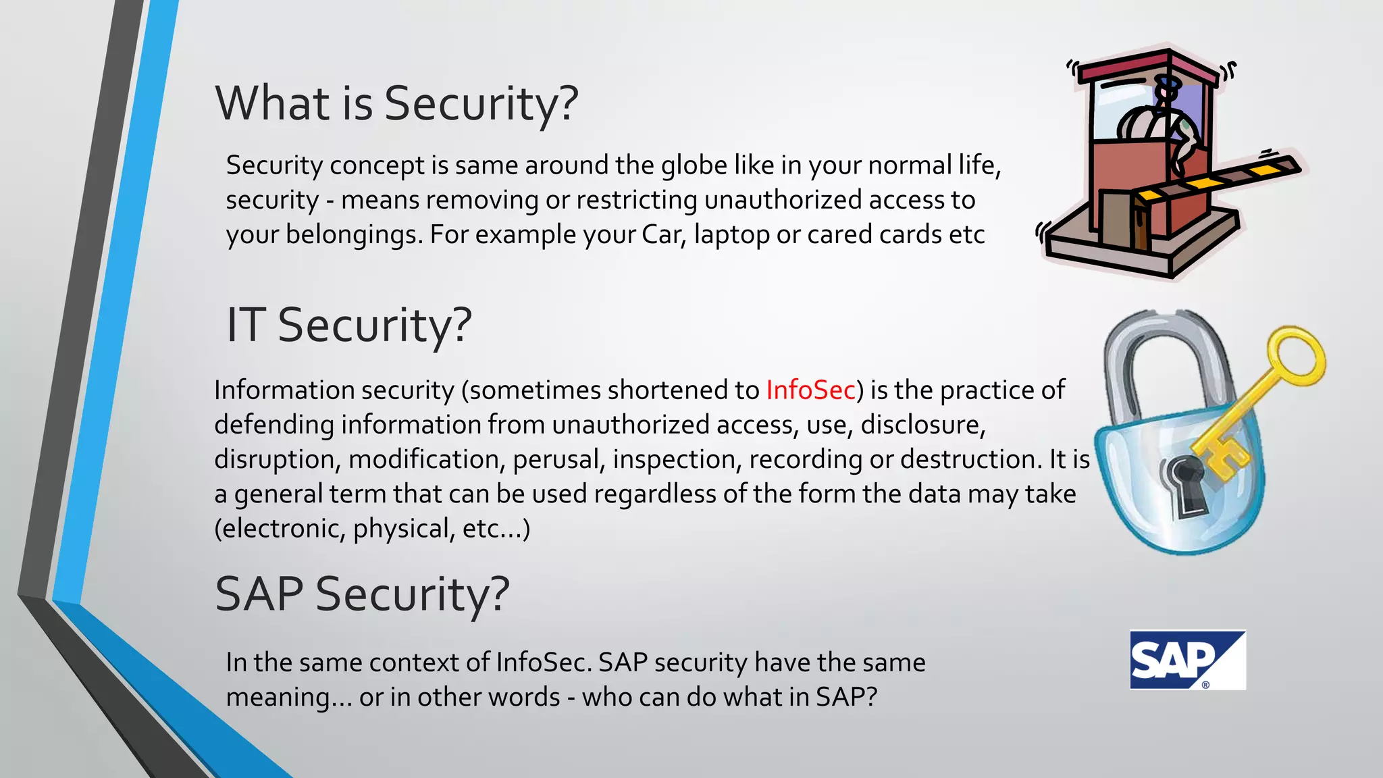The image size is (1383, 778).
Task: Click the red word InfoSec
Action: point(810,390)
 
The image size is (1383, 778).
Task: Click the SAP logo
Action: point(1187,660)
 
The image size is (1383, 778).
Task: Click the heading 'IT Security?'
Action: point(348,325)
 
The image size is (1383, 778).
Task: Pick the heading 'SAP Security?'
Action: point(362,594)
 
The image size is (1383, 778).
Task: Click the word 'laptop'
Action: point(731,235)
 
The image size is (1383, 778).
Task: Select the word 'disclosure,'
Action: point(923,425)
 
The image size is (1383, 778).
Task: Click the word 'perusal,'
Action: point(558,459)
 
